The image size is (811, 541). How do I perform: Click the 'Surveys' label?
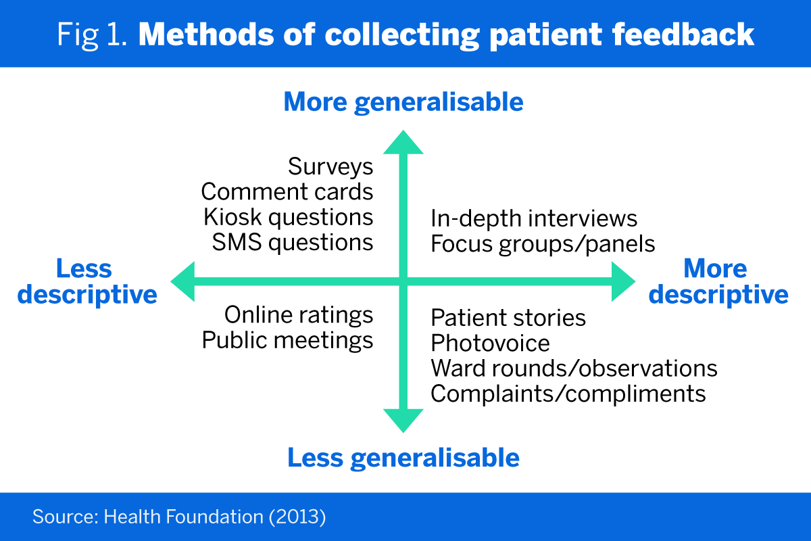tap(330, 166)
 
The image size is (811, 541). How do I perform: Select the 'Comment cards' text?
tap(287, 192)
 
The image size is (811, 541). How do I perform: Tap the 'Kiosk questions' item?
tap(289, 217)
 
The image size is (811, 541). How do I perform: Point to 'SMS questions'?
tap(293, 242)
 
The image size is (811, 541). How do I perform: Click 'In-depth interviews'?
tap(534, 218)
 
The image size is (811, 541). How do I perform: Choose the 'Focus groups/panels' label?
tap(543, 243)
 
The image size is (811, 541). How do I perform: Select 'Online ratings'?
tap(299, 314)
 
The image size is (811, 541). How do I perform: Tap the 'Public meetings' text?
tap(288, 340)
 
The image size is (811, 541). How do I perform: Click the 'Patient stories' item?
tap(508, 317)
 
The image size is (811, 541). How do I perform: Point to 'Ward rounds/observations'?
tap(574, 369)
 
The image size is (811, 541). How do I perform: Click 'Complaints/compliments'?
tap(568, 394)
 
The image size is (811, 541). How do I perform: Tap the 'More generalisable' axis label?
tap(403, 102)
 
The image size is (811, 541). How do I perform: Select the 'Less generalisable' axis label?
tap(403, 458)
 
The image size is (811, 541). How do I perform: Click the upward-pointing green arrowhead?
tap(403, 142)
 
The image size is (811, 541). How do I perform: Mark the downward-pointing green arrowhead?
tap(403, 420)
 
